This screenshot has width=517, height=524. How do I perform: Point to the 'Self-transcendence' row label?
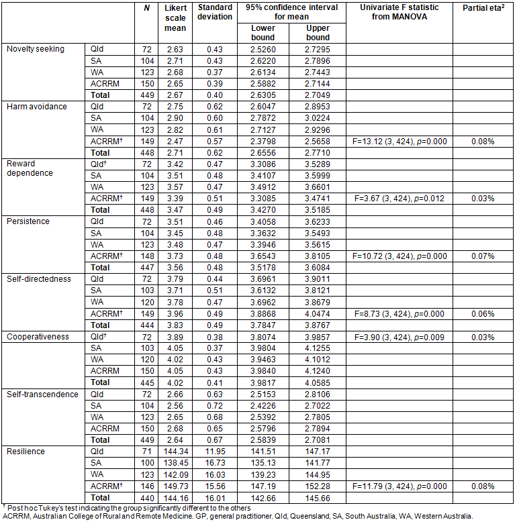click(x=42, y=395)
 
